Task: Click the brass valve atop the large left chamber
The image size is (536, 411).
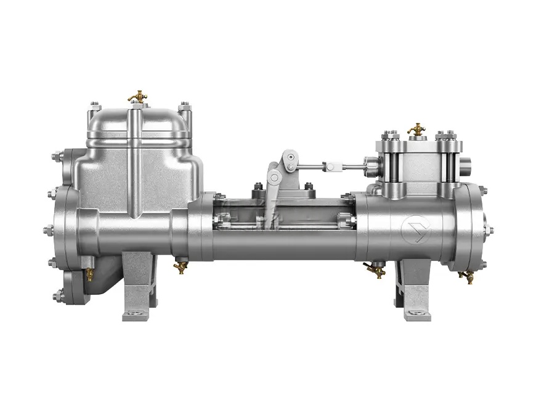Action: click(136, 97)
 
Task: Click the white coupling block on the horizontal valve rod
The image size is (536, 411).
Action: click(332, 166)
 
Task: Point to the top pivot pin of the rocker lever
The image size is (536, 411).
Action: click(288, 155)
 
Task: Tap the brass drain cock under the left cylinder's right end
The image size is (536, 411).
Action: click(181, 266)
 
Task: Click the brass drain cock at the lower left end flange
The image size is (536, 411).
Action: click(89, 274)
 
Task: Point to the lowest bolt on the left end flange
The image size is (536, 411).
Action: click(57, 296)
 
